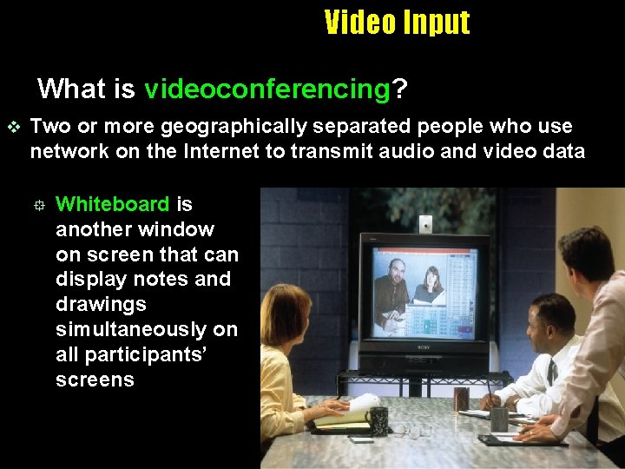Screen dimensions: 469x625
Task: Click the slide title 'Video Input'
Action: (397, 22)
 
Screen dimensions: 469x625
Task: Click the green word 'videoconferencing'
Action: (267, 89)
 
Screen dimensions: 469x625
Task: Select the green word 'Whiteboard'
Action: (112, 204)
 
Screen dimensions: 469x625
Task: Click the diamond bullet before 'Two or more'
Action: (11, 127)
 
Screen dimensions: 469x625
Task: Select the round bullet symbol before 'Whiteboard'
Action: (38, 205)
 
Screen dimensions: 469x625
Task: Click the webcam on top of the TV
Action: (424, 225)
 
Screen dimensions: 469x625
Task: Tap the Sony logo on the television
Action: (424, 345)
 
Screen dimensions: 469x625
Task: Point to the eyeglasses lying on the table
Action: (415, 430)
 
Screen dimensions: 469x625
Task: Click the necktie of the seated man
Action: (551, 372)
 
